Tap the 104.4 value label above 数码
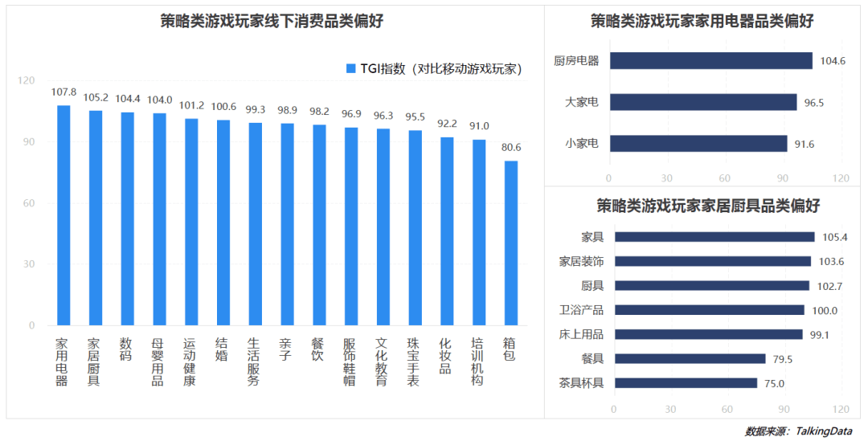128,99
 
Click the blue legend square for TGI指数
350,69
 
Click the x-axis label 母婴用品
158,361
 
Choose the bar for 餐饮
319,225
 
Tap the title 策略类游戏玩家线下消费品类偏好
272,22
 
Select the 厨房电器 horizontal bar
710,61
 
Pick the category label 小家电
581,144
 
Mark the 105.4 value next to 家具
835,237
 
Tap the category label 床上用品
581,334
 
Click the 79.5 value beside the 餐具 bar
785,359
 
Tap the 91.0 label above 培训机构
479,126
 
